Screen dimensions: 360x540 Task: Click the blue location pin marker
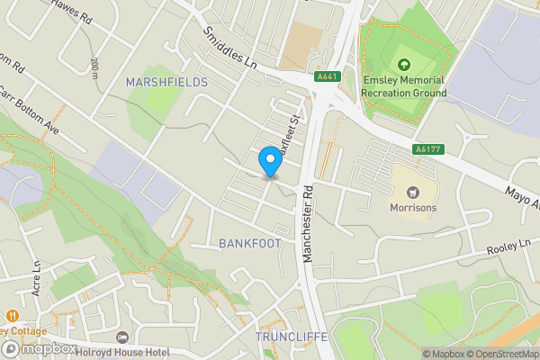268,161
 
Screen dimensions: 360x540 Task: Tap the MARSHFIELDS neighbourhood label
166,82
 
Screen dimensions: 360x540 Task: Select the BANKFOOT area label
249,244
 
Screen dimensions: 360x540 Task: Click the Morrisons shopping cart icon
413,192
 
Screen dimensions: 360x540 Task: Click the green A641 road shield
327,77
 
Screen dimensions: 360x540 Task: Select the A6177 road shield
427,149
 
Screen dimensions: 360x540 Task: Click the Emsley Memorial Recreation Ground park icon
404,64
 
